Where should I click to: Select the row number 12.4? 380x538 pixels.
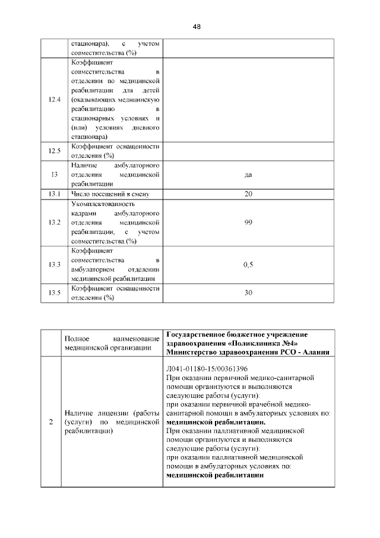55,99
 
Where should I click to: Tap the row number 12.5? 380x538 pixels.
55,151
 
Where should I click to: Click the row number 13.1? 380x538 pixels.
55,194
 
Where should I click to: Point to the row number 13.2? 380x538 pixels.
55,222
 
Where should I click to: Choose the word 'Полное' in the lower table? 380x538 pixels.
77,338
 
